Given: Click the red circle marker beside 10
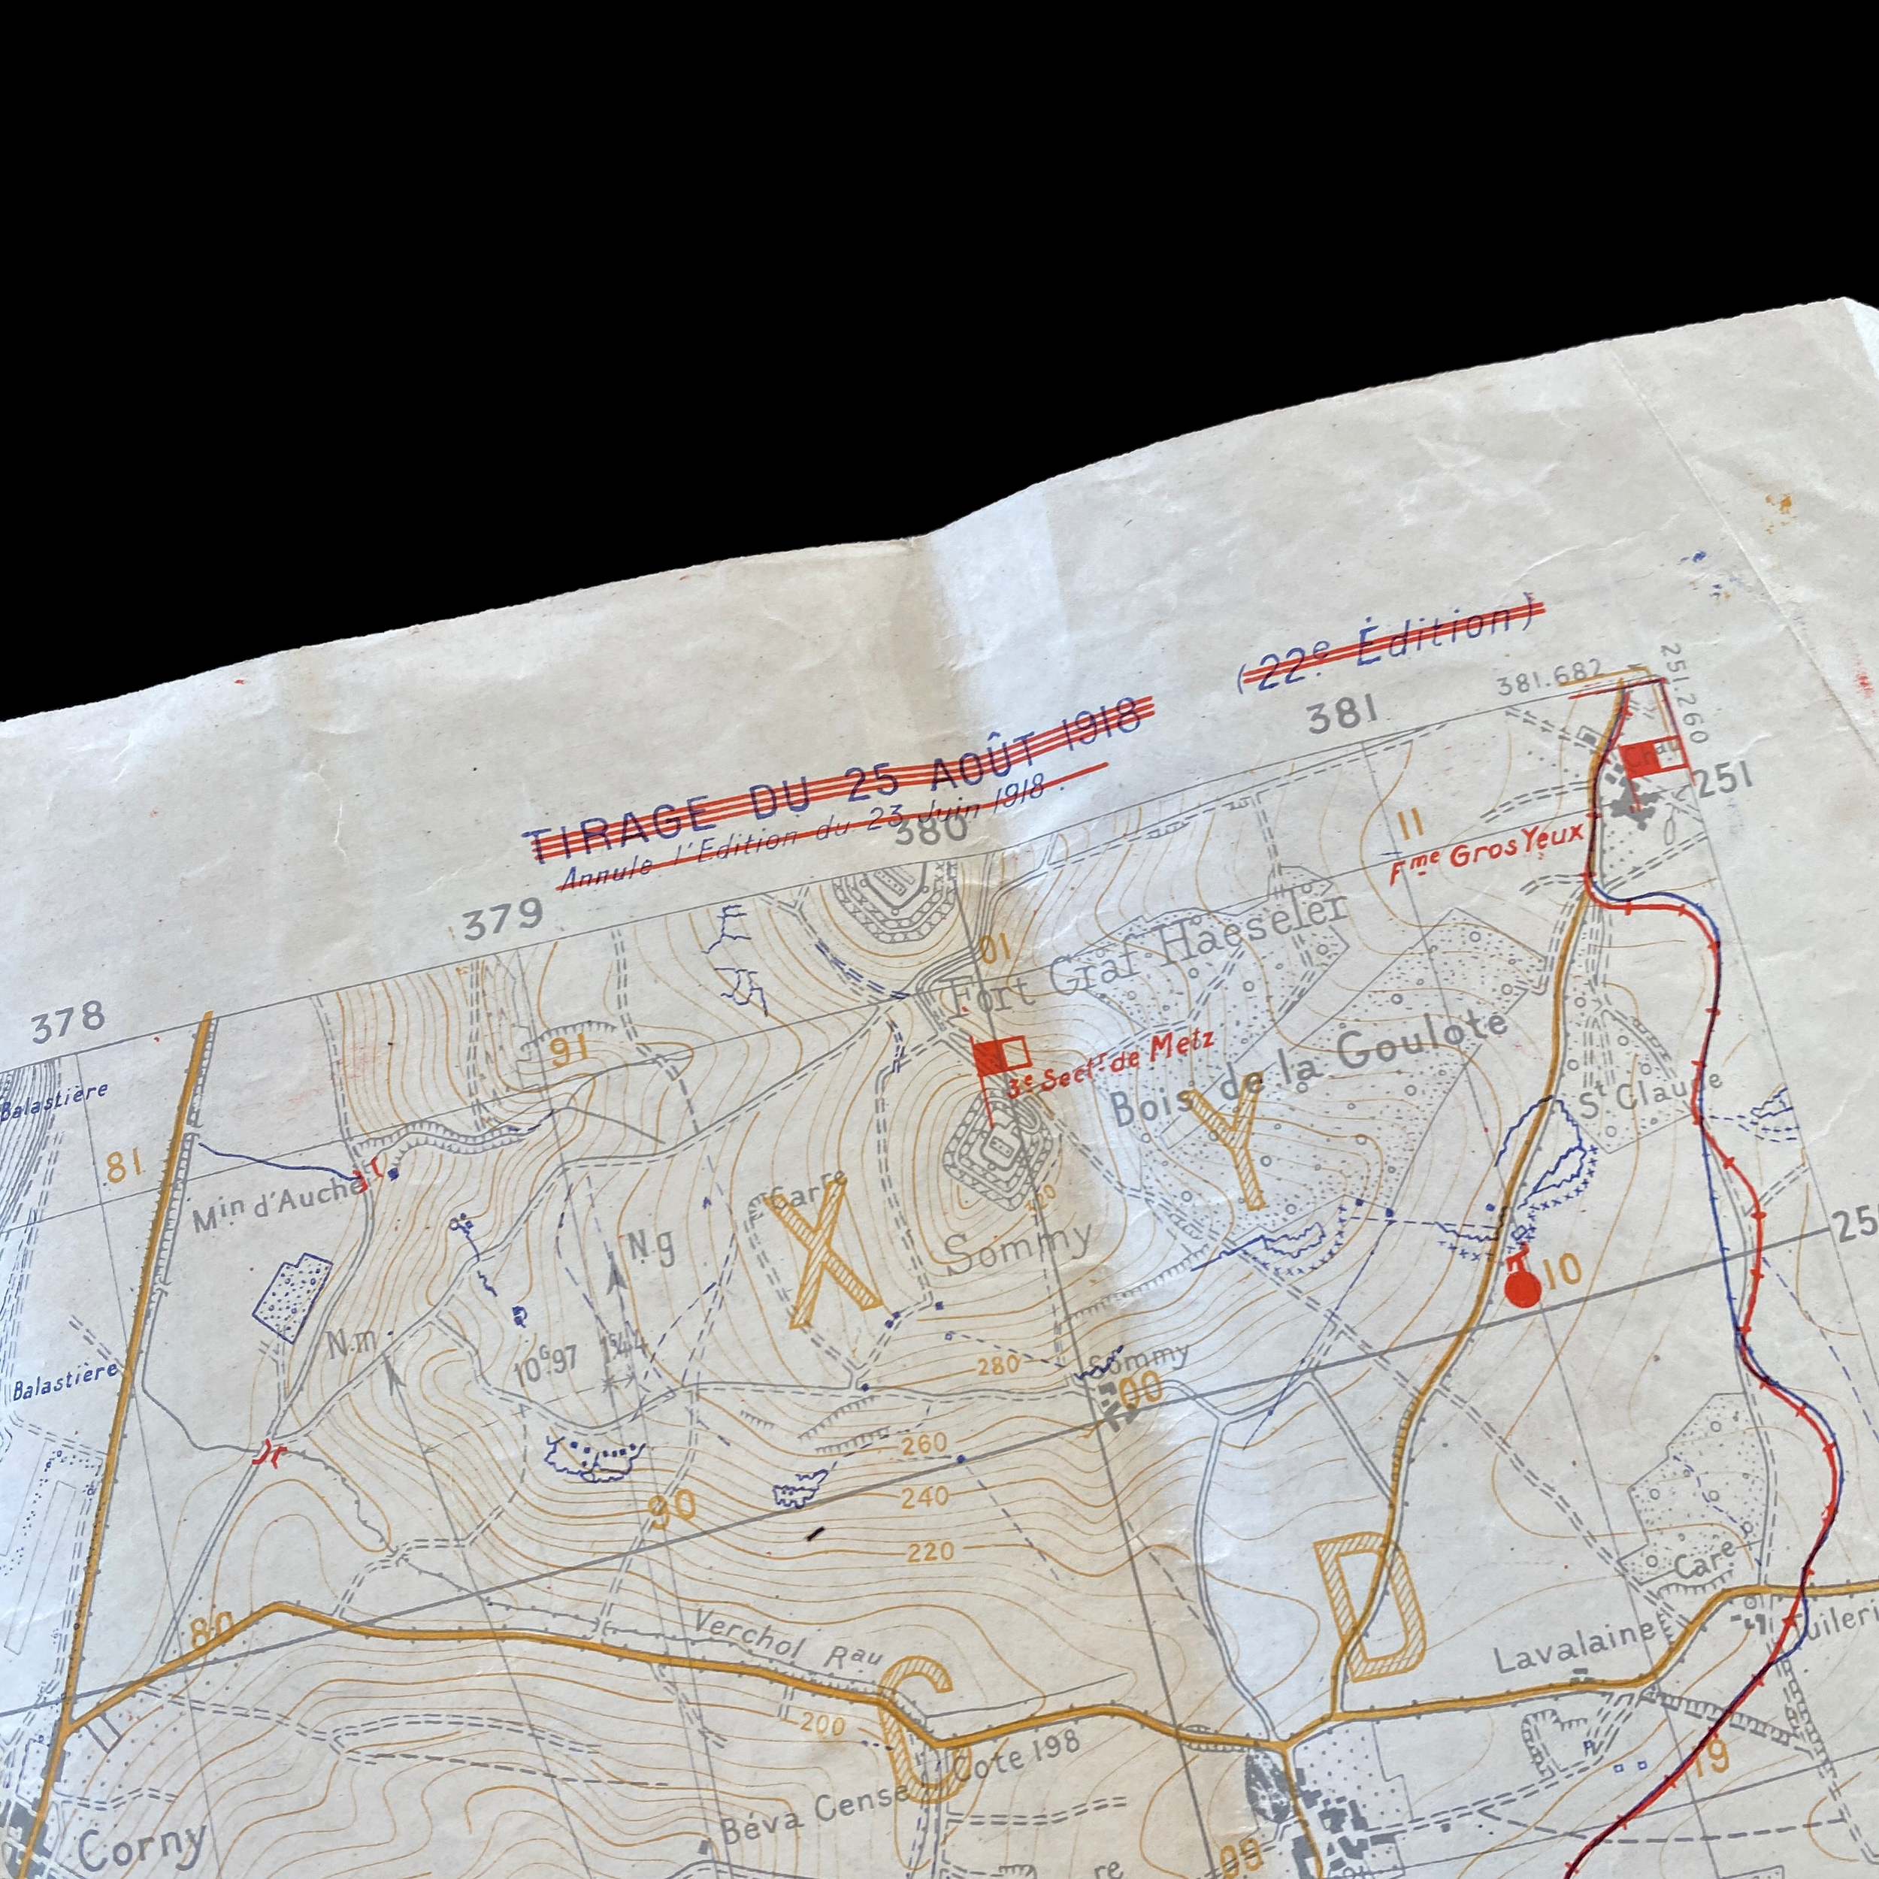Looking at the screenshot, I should (x=1522, y=1290).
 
